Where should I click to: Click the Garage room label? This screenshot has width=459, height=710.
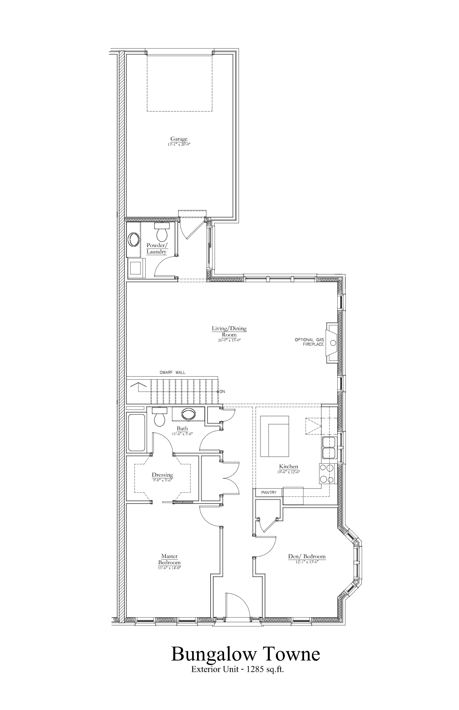[x=179, y=139]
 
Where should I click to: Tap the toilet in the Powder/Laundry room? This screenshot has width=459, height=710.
[x=161, y=232]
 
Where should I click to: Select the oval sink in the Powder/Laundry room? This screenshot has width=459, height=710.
[x=134, y=239]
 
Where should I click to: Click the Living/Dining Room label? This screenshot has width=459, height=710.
[x=229, y=331]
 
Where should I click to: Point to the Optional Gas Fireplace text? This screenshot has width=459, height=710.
[x=309, y=342]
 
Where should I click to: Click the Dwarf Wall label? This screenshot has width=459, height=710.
[x=172, y=372]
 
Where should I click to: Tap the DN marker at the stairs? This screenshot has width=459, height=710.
[x=222, y=391]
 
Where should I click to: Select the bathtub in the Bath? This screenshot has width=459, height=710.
[x=136, y=432]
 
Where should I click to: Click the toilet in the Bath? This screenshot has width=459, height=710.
[x=159, y=417]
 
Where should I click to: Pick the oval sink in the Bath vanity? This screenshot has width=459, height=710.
[x=189, y=414]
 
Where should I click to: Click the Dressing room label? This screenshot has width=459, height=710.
[x=162, y=474]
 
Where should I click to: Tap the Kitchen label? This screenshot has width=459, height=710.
[x=289, y=466]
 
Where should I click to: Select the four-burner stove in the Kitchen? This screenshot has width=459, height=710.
[x=326, y=473]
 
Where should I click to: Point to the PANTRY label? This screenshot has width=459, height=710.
[x=269, y=492]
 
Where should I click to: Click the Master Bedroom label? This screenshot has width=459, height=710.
[x=169, y=559]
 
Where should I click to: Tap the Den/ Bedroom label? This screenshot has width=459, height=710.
[x=307, y=556]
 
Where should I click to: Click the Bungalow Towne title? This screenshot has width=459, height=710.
[x=245, y=654]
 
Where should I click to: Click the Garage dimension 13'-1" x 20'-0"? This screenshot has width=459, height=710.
[x=179, y=144]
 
